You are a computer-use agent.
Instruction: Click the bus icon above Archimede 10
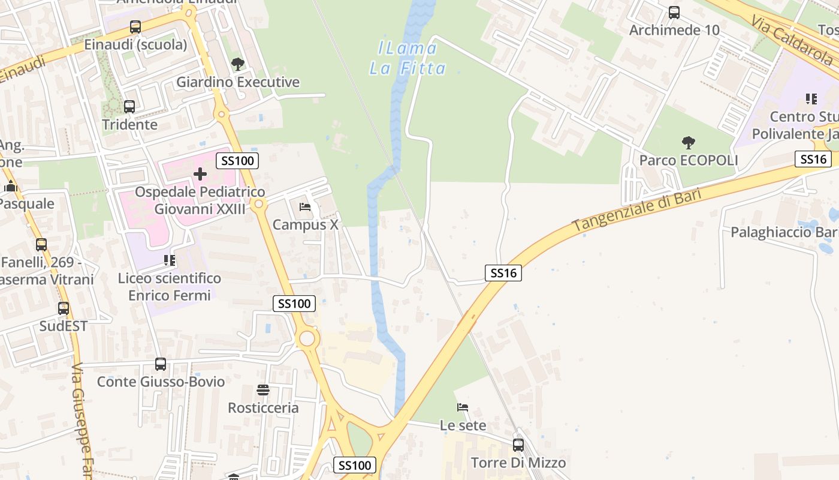(x=674, y=13)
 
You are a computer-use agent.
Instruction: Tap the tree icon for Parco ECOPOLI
(x=689, y=143)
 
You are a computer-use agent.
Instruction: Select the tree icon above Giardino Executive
(x=238, y=64)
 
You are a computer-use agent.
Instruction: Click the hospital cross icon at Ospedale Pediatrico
(x=200, y=175)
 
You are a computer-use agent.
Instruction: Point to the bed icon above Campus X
(x=305, y=208)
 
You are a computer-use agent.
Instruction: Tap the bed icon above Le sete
(x=463, y=407)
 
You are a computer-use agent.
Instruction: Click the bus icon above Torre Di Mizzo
(x=518, y=445)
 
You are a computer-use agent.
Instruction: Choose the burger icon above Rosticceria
(x=263, y=390)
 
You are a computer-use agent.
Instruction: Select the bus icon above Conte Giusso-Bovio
(x=161, y=364)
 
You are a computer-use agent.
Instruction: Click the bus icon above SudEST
(x=64, y=308)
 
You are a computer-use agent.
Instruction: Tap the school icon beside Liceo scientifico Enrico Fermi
(x=170, y=260)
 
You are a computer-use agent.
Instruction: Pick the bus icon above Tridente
(x=129, y=107)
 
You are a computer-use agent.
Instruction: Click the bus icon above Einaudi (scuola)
(x=135, y=27)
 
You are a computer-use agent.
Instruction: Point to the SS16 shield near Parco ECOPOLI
(x=813, y=159)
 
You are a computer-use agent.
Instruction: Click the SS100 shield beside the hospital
(x=237, y=160)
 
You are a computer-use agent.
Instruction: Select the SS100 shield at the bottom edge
(x=355, y=465)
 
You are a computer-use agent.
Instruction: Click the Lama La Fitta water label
(x=408, y=58)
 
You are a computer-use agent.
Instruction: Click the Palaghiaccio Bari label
(x=783, y=232)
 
